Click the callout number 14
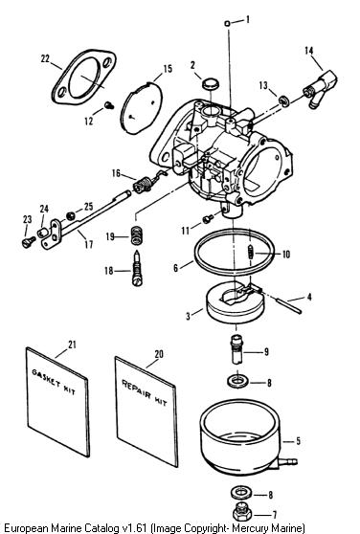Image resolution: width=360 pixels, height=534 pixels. (x=309, y=51)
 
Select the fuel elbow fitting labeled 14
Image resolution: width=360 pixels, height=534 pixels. (x=320, y=88)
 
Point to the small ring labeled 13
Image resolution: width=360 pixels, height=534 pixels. (x=283, y=100)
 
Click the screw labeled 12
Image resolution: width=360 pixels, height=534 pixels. (x=110, y=105)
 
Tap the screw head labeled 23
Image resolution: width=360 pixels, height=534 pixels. (x=29, y=242)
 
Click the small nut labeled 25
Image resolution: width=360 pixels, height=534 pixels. (x=70, y=215)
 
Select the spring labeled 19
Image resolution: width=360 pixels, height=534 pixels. (x=137, y=235)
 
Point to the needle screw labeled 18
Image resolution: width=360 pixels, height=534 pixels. (x=137, y=268)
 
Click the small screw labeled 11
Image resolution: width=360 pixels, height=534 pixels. (x=208, y=218)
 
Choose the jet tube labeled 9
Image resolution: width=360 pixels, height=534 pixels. (x=236, y=349)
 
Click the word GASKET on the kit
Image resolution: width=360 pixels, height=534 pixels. (x=46, y=378)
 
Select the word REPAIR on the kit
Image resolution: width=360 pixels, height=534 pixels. (x=136, y=389)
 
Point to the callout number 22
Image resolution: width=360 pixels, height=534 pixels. (x=45, y=58)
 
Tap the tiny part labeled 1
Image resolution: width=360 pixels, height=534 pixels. (x=228, y=23)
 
